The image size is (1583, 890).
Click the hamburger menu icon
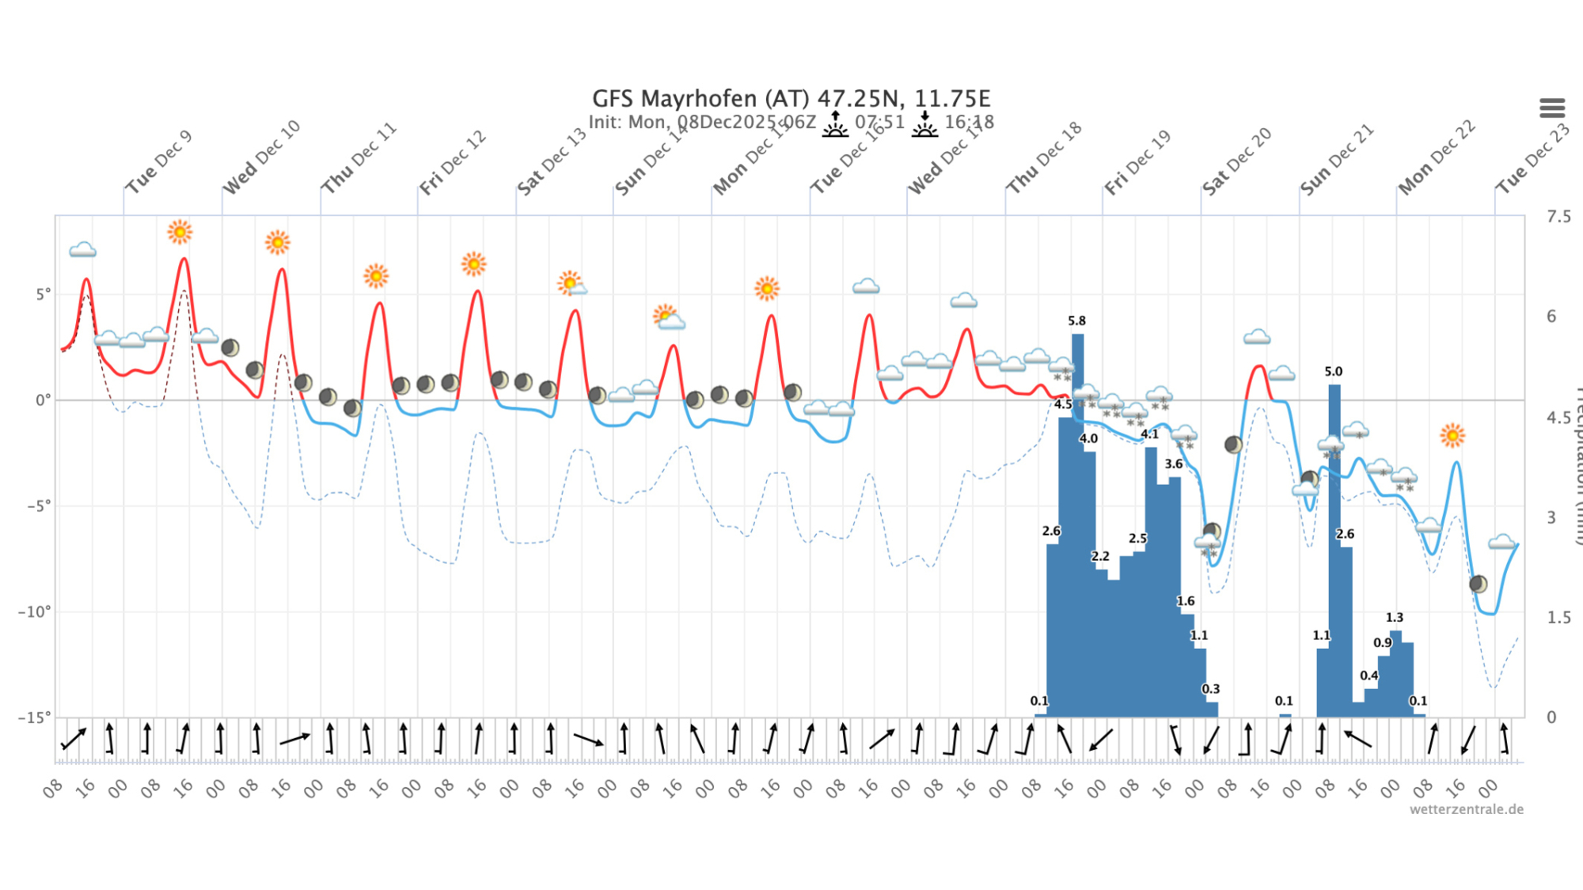click(x=1551, y=108)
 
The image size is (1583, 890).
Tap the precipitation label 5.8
click(x=1076, y=320)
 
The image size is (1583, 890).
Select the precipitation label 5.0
click(x=1333, y=371)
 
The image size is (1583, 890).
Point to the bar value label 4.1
click(x=1149, y=434)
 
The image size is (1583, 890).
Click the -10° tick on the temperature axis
click(x=34, y=612)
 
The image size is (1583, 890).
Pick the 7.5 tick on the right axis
click(x=1558, y=216)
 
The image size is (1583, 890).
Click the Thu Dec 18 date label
click(x=1043, y=158)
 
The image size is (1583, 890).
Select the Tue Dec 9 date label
click(x=158, y=162)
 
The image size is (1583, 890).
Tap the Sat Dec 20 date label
click(x=1236, y=161)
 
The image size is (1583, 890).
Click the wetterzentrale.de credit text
click(x=1466, y=809)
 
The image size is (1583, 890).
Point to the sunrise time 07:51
click(x=879, y=122)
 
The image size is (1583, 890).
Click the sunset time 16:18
click(x=969, y=122)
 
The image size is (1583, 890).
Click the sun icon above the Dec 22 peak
click(x=1452, y=435)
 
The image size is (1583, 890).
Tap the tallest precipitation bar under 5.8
click(x=1077, y=522)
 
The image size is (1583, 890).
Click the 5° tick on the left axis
click(x=43, y=294)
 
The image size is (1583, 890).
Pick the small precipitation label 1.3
click(x=1394, y=617)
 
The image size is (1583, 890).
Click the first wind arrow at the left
click(x=74, y=739)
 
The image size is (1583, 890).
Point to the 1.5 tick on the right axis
click(x=1558, y=617)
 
